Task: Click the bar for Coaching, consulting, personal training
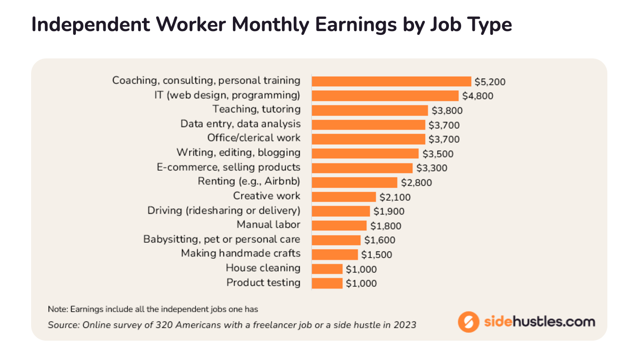pos(391,81)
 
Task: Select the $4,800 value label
pos(478,96)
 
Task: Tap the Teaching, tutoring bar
pos(370,110)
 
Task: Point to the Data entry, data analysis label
pos(240,124)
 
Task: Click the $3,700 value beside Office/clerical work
pos(444,139)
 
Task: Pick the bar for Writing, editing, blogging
pos(365,153)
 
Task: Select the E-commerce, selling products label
pos(228,167)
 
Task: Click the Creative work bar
pos(344,196)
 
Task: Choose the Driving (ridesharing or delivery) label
pos(224,210)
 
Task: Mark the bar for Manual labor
pos(339,225)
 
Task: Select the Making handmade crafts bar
pos(335,254)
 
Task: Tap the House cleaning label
pos(263,268)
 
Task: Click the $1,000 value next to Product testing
pos(361,284)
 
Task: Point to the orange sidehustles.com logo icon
pos(468,322)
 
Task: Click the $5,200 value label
pos(490,82)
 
